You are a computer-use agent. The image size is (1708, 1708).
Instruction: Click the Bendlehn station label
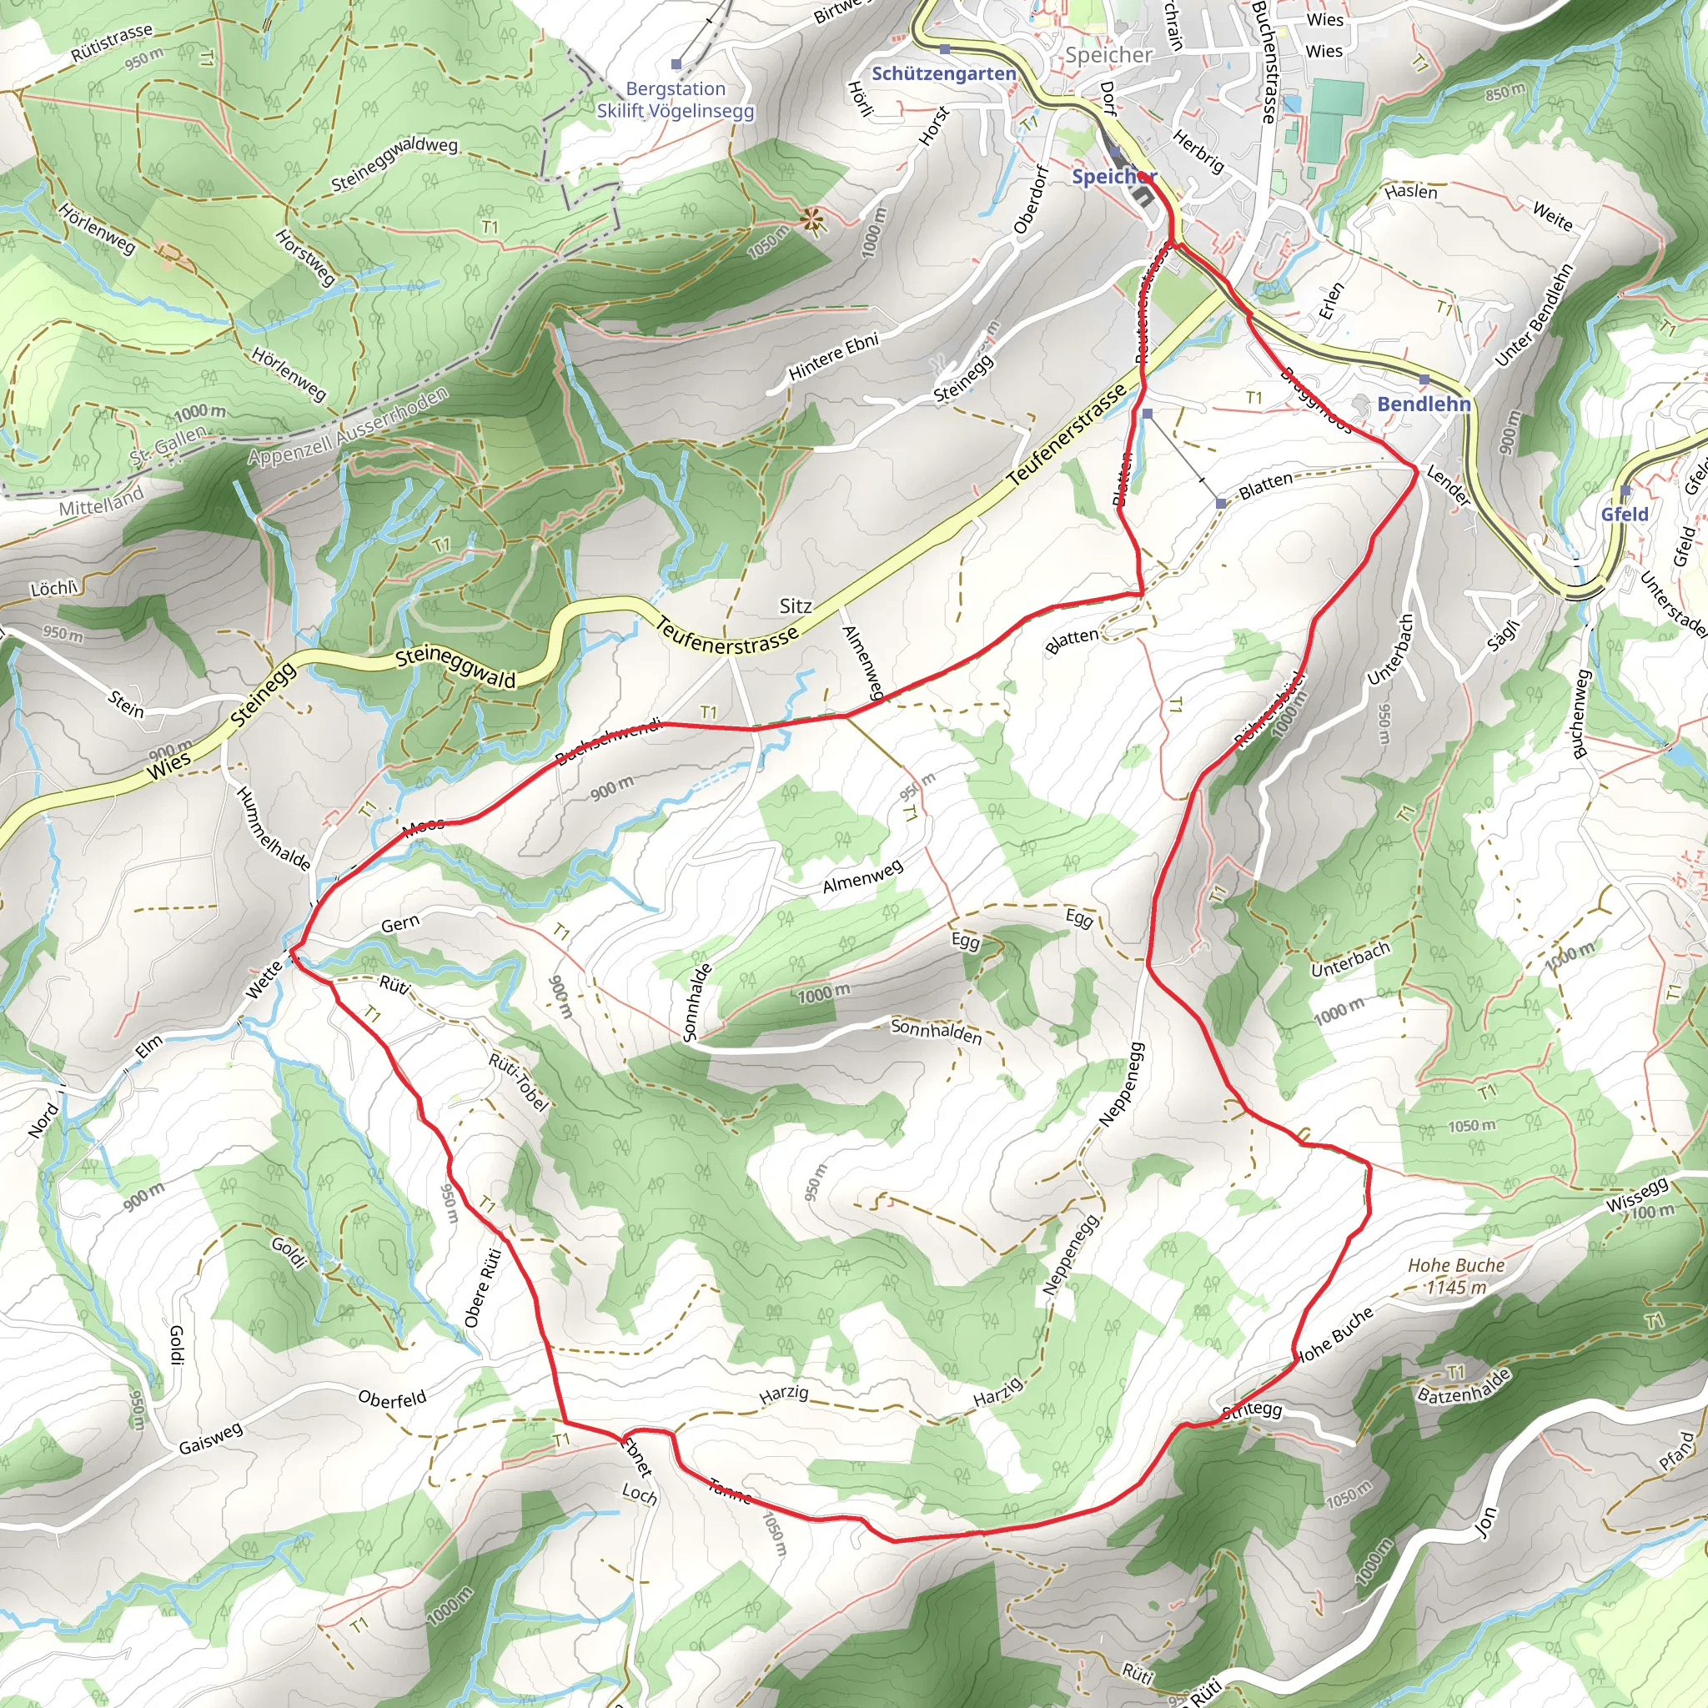click(x=1424, y=404)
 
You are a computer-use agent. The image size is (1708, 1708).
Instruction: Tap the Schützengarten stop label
click(x=943, y=73)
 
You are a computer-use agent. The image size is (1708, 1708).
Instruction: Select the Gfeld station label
click(x=1624, y=514)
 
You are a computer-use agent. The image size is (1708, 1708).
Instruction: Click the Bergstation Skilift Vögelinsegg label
click(x=676, y=100)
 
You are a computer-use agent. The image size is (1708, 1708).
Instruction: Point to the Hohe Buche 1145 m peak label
click(x=1456, y=1276)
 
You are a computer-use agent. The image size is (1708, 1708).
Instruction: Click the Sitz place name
click(x=795, y=605)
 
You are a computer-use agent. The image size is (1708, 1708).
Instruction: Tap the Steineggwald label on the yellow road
click(x=455, y=667)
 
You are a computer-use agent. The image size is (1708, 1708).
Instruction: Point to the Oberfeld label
click(x=392, y=1399)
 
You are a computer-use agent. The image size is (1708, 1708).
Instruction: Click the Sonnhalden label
click(x=936, y=1031)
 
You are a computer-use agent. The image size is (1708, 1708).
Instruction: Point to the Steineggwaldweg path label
click(x=394, y=163)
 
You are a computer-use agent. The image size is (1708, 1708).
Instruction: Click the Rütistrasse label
click(x=113, y=43)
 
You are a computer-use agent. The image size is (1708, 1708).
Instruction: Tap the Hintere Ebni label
click(x=833, y=356)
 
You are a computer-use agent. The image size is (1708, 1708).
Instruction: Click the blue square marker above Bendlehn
click(x=1424, y=379)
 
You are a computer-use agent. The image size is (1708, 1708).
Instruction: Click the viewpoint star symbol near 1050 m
click(x=811, y=221)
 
